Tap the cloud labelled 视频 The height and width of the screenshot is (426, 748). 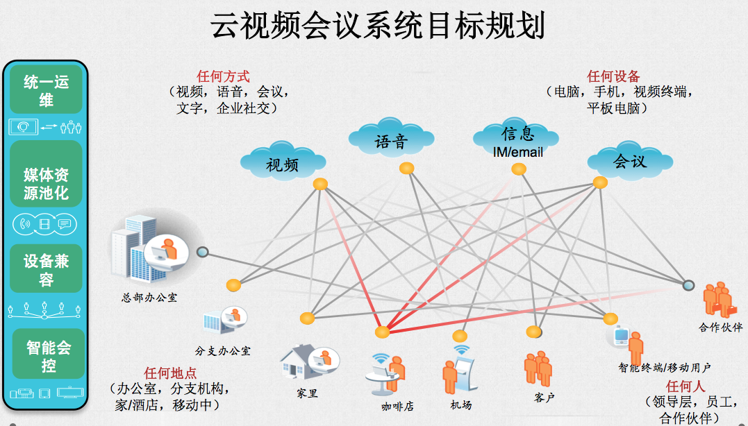[x=282, y=162]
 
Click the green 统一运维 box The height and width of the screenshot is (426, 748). [x=47, y=90]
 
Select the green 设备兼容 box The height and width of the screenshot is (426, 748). [x=47, y=269]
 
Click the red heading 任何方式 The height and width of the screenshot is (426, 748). [x=223, y=76]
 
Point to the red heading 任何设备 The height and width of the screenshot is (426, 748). [x=613, y=76]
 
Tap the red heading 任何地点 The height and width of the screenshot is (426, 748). [x=170, y=373]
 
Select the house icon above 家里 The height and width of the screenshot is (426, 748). [x=302, y=361]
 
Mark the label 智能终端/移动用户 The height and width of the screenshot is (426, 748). [x=665, y=367]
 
